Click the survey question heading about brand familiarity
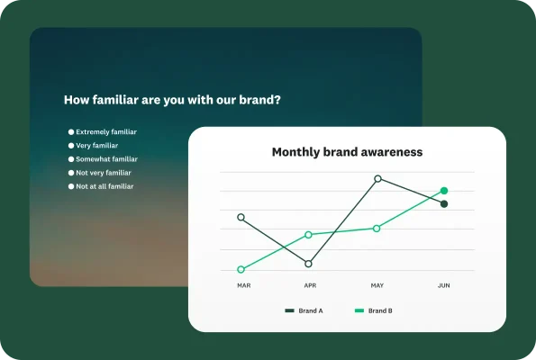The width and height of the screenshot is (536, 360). (x=172, y=100)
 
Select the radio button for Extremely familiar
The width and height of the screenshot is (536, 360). (x=71, y=131)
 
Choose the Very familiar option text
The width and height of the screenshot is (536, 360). (x=96, y=145)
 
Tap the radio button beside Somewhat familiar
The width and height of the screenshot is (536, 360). (x=71, y=158)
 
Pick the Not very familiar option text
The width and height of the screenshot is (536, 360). (x=103, y=172)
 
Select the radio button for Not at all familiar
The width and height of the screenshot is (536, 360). (x=71, y=186)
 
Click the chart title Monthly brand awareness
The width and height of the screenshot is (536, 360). (x=347, y=152)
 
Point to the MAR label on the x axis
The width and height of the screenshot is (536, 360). (x=243, y=285)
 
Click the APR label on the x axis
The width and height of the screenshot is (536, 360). (x=310, y=285)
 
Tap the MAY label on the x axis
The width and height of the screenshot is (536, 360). (x=377, y=285)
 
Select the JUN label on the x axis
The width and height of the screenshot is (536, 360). (x=443, y=285)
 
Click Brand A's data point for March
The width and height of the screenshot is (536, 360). (x=241, y=217)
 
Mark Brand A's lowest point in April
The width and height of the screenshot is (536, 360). (x=308, y=264)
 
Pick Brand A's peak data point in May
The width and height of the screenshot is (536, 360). (x=377, y=178)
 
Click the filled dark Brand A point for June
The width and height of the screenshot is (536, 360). (x=444, y=204)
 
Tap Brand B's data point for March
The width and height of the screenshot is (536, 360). (x=241, y=269)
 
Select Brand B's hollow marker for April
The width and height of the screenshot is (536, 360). (x=308, y=234)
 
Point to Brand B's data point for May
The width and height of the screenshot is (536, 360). (x=377, y=228)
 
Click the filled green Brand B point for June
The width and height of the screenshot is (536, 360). (x=444, y=191)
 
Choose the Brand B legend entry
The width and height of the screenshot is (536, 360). (x=373, y=310)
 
